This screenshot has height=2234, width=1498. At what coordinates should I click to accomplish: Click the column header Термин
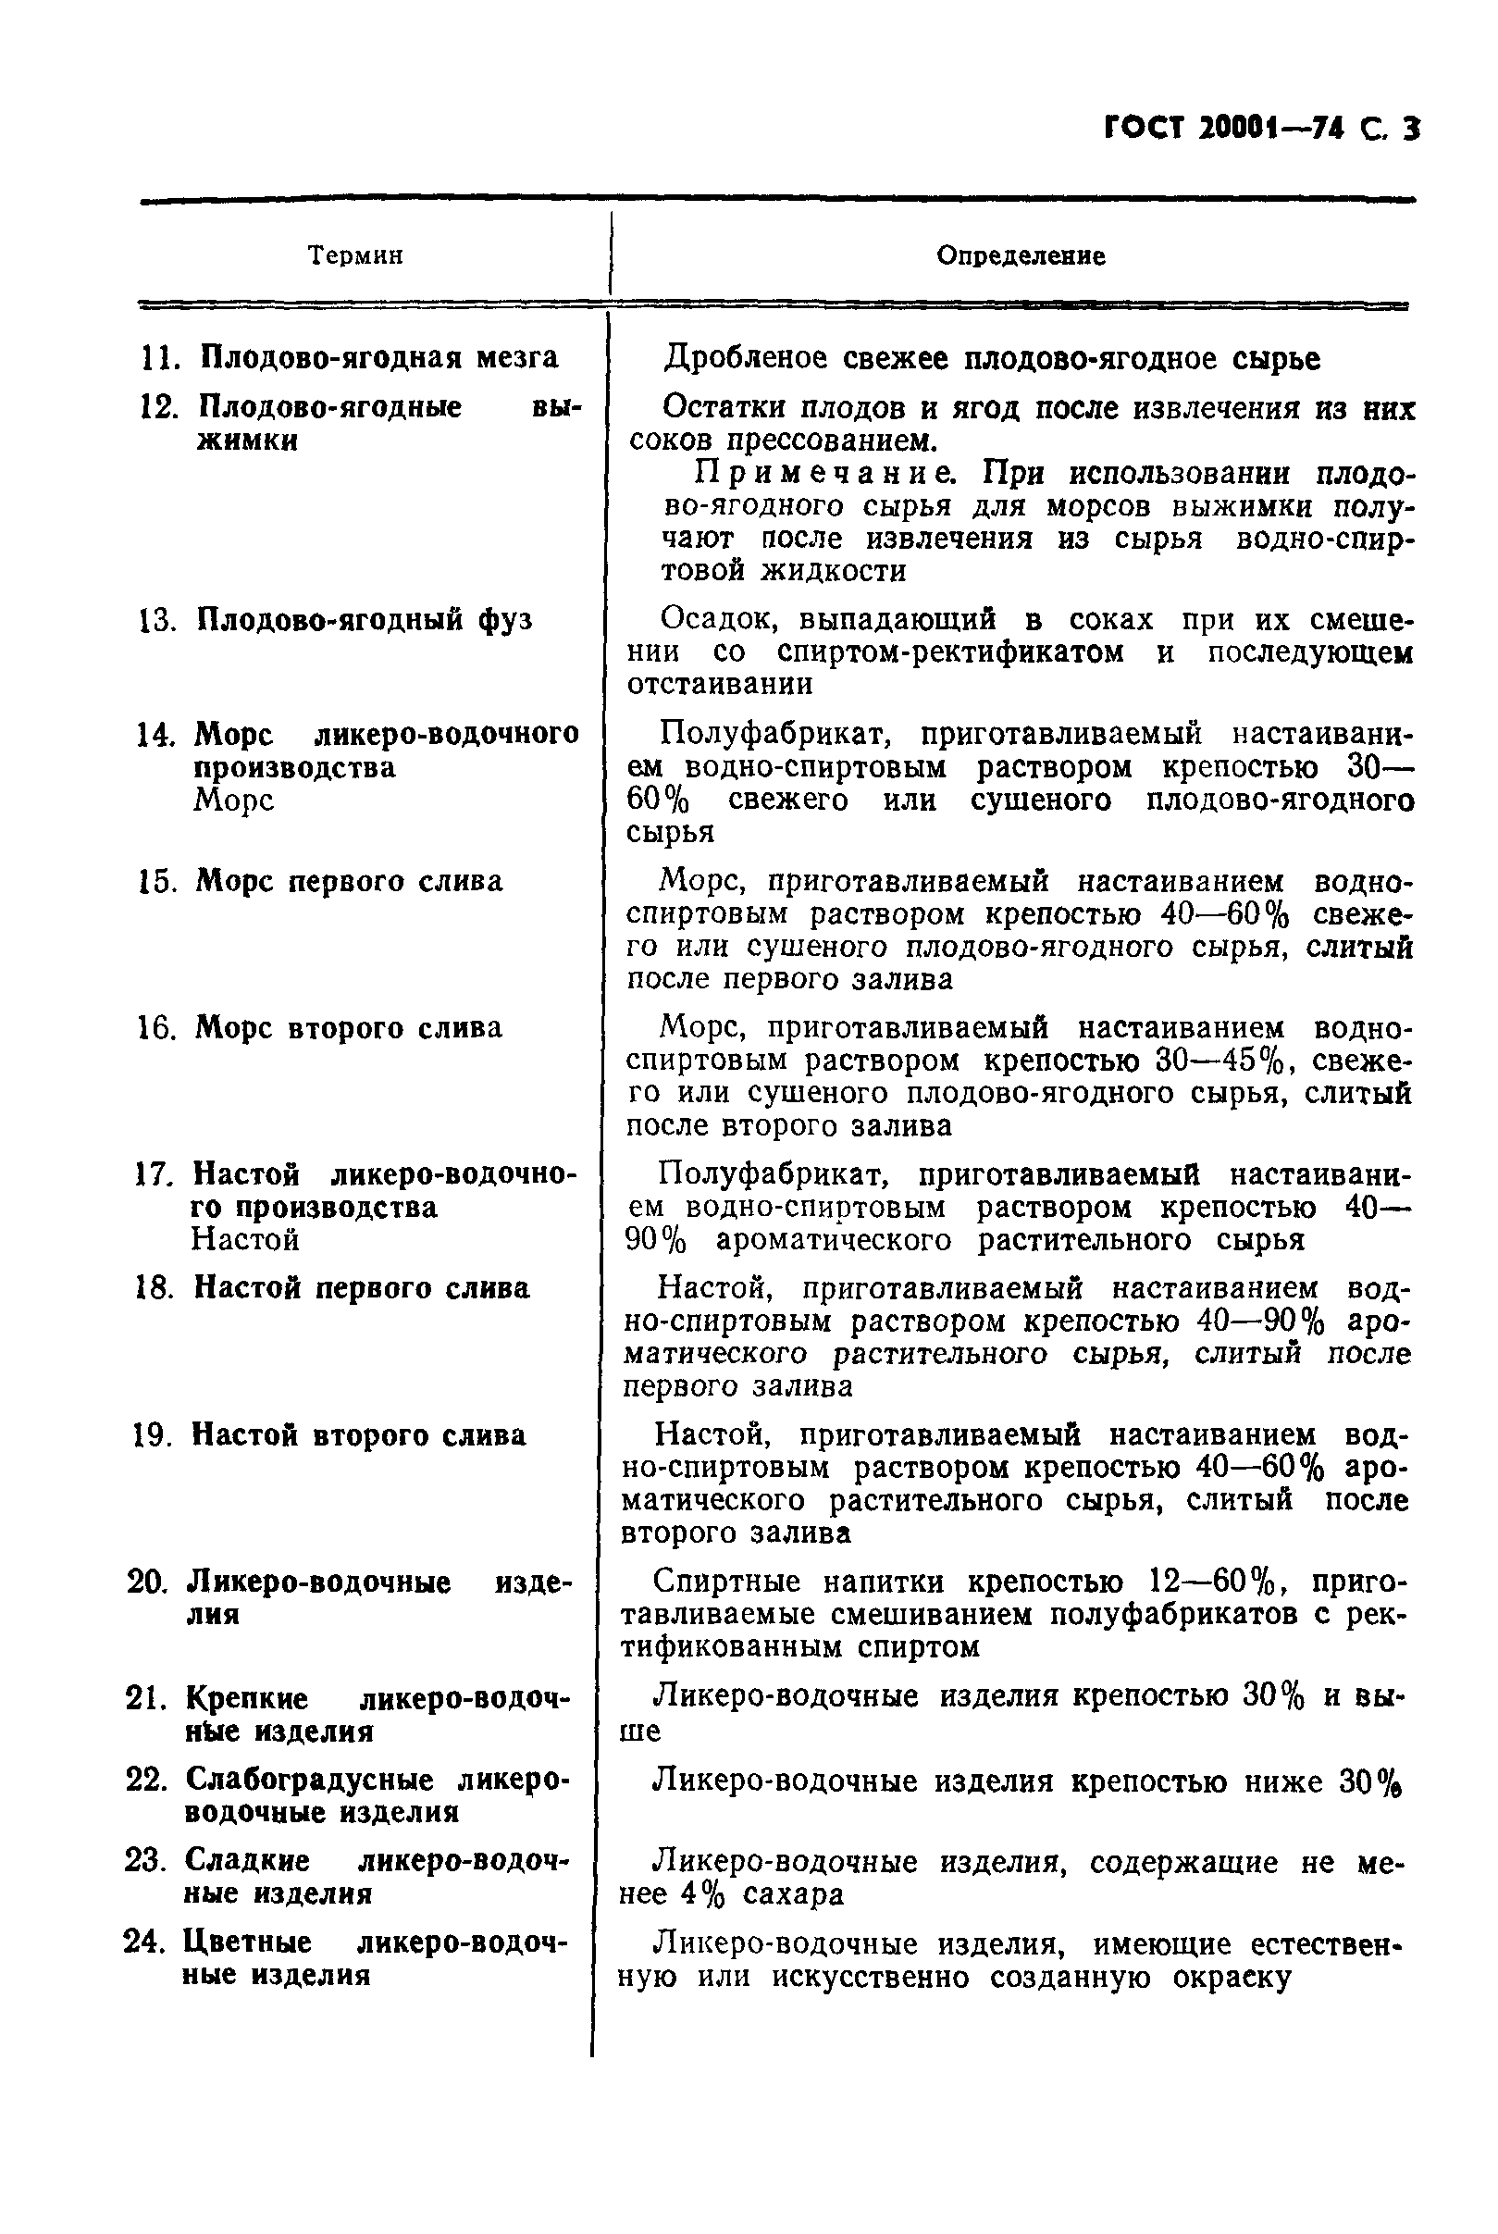click(355, 255)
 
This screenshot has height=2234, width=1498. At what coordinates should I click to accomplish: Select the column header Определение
click(1021, 255)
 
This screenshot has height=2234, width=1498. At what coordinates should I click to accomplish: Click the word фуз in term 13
click(504, 620)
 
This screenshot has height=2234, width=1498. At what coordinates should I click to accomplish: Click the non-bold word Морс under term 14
click(234, 800)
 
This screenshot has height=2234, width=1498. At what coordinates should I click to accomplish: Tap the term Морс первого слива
click(349, 881)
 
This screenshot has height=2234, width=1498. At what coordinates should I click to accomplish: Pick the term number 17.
click(154, 1174)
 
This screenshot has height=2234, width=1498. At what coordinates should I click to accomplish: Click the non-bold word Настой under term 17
click(245, 1240)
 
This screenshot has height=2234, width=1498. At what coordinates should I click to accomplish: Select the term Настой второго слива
click(358, 1435)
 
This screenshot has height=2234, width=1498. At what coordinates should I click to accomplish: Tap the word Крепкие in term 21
click(246, 1699)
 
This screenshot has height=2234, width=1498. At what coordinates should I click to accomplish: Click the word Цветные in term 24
click(246, 1942)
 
